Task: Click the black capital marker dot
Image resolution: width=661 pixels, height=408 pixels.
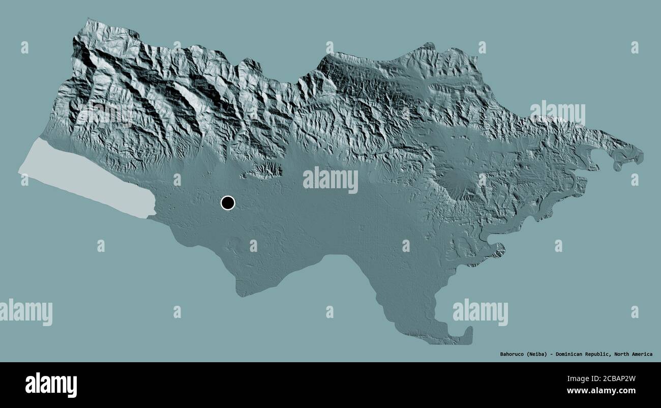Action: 228,203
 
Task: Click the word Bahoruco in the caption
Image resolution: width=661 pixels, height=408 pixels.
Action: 508,354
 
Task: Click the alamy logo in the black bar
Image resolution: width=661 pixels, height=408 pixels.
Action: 51,385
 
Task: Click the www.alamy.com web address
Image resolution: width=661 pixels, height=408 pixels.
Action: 602,391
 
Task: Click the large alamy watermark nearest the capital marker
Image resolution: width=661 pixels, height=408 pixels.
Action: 330,180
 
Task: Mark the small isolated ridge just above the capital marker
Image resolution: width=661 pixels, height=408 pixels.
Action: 262,171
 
